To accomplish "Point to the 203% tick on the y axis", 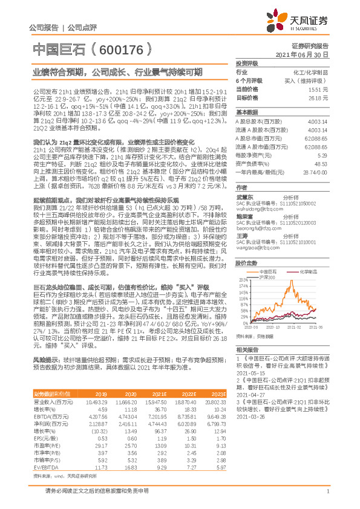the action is point(243,280).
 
